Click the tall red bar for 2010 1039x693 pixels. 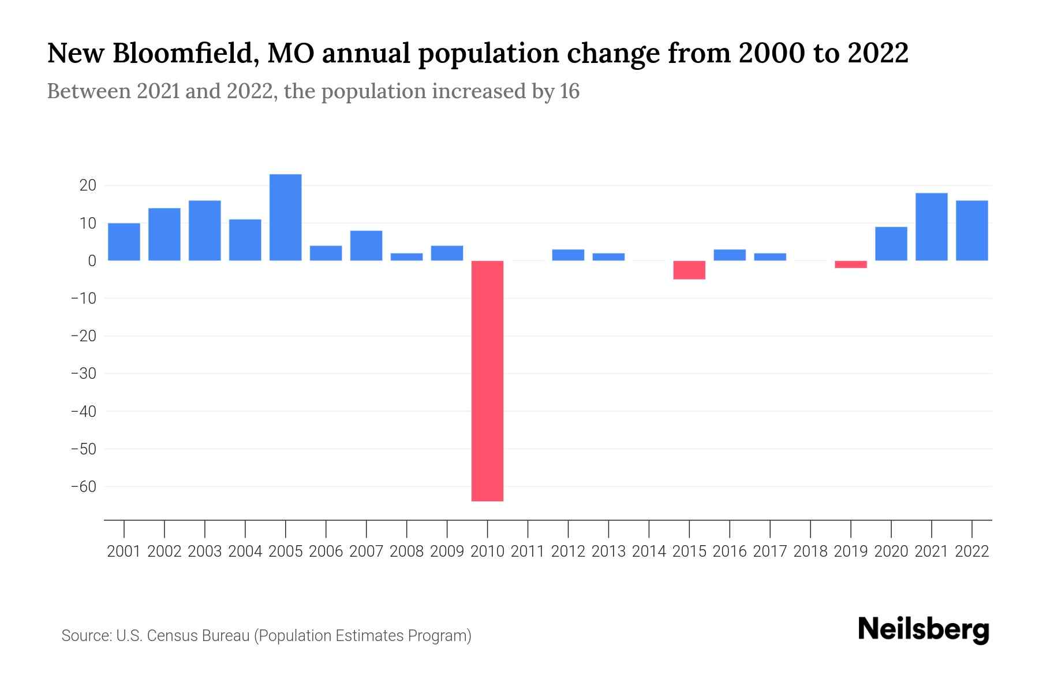coord(487,381)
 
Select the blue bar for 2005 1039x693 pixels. coord(286,217)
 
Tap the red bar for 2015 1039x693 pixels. coord(689,270)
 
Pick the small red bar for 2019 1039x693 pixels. coord(851,264)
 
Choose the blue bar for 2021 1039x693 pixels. coord(931,227)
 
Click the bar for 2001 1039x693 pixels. coord(124,242)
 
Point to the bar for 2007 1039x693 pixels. coord(366,245)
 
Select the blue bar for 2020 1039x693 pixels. coord(891,244)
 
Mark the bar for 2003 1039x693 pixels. coord(205,230)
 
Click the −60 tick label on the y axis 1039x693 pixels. coord(83,487)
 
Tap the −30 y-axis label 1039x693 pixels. coord(83,374)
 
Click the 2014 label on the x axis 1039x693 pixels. coord(649,552)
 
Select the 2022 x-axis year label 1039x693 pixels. coord(972,552)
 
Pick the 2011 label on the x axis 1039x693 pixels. coord(528,552)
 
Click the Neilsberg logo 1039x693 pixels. coord(924,629)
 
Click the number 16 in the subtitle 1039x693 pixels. coord(569,92)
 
